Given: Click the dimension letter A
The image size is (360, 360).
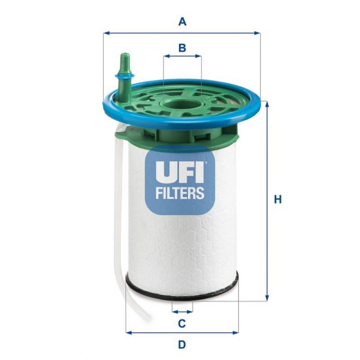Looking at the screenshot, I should click(x=183, y=22).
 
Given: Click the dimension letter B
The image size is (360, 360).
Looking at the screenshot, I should click(x=183, y=47).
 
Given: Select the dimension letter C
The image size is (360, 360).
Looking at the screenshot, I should click(x=182, y=324).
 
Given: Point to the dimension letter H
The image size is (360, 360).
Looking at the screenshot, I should click(x=277, y=199).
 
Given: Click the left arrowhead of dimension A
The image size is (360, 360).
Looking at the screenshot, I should click(x=106, y=33).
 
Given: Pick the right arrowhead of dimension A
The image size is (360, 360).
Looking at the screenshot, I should click(x=258, y=33).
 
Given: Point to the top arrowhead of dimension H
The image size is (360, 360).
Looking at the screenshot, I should click(x=267, y=104).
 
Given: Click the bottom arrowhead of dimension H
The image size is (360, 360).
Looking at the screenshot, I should click(x=267, y=298).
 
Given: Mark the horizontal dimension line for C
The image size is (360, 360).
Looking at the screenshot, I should click(x=182, y=311).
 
